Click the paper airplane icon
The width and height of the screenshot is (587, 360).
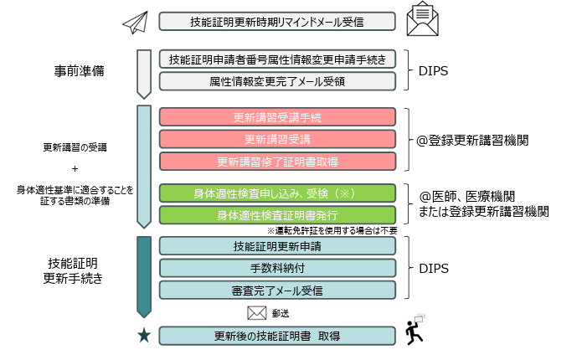134,23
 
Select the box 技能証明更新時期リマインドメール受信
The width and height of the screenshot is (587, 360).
276,21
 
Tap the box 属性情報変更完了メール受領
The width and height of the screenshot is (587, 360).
276,81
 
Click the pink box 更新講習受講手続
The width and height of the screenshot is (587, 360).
276,117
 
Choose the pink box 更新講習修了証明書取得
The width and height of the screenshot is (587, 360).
276,162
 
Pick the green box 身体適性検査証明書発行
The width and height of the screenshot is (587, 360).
276,215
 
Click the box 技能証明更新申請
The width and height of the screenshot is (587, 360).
276,246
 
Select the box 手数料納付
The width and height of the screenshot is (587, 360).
276,268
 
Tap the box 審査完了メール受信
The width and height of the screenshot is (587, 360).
276,290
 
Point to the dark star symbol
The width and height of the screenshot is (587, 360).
143,336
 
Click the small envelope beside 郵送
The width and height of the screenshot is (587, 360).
257,312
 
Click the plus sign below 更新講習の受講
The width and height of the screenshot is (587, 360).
75,168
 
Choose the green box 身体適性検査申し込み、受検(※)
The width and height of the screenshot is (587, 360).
276,193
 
